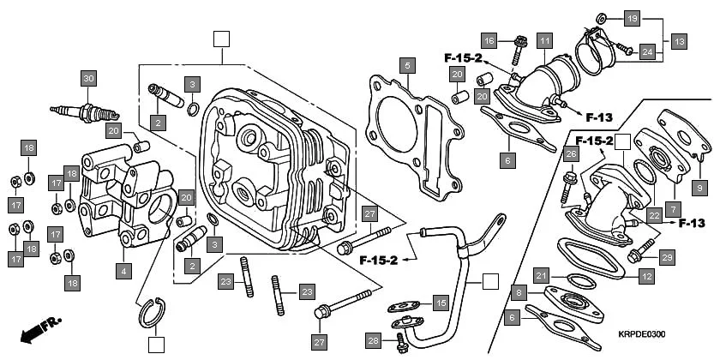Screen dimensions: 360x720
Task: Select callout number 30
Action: click(87, 79)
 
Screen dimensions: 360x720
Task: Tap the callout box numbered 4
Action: click(124, 270)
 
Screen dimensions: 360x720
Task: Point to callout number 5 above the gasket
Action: click(408, 64)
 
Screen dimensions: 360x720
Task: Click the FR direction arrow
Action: click(39, 328)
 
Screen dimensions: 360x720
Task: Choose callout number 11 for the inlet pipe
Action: click(544, 40)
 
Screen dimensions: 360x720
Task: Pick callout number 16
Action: click(489, 40)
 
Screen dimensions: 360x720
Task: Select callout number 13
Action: click(679, 40)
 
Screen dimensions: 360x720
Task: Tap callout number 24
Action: click(647, 51)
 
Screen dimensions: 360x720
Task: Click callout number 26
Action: click(571, 153)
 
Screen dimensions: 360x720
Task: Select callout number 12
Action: click(646, 276)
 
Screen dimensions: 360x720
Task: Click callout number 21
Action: click(541, 275)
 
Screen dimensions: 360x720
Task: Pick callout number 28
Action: click(373, 340)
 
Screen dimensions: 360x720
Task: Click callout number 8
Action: click(517, 292)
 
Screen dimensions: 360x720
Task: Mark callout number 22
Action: click(654, 214)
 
